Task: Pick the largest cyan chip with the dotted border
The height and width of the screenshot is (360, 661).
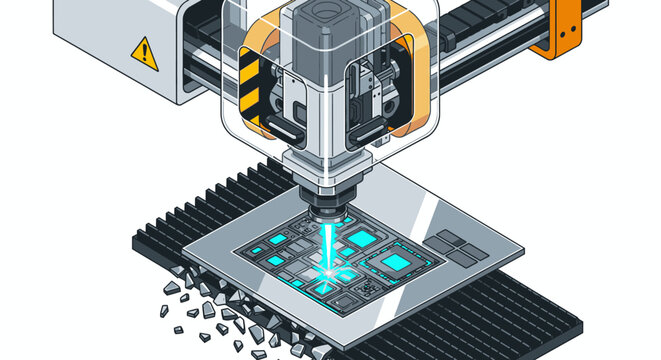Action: pos(396,262)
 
